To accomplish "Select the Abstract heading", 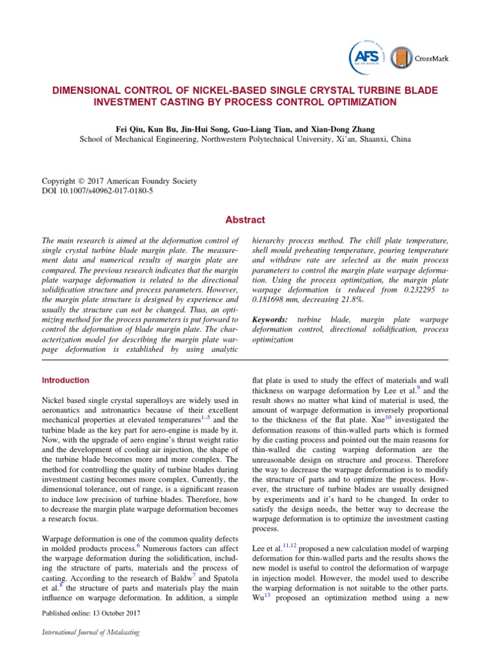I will (x=245, y=220).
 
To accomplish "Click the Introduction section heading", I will (x=65, y=380).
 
